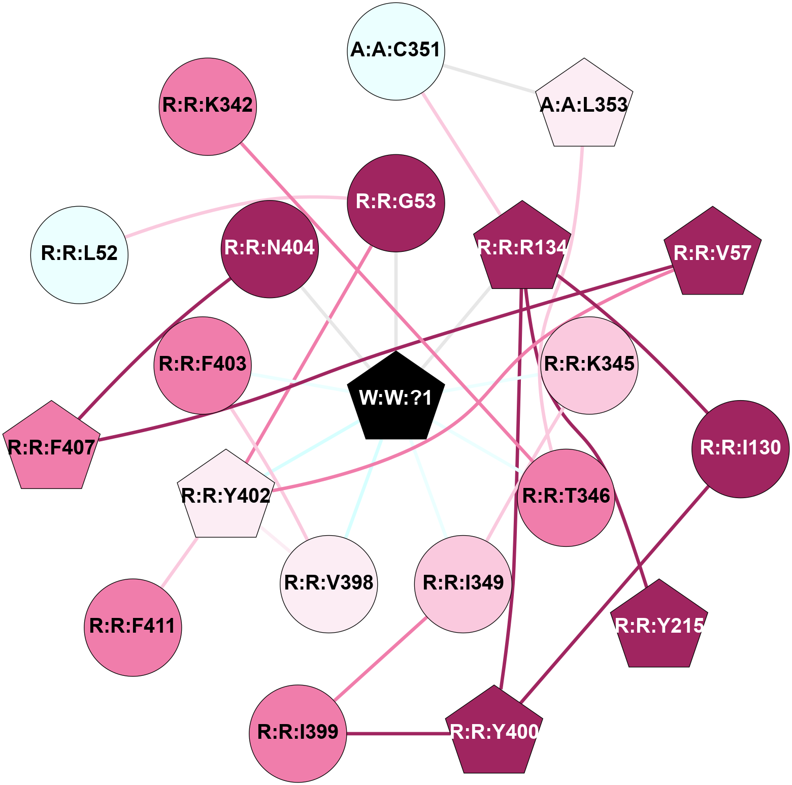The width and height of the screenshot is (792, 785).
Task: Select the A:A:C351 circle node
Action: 396,51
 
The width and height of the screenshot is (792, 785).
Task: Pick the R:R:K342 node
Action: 208,106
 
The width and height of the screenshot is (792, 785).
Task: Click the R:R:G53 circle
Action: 396,203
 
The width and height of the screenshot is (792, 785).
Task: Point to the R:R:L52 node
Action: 80,254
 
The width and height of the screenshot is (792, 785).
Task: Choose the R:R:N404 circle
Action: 270,249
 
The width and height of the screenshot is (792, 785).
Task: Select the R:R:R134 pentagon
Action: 522,248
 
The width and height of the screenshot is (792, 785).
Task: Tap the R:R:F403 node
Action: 203,365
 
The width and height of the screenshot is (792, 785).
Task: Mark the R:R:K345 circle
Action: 589,365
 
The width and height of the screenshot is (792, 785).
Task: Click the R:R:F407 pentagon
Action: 51,448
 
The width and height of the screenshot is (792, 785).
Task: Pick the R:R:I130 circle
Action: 740,448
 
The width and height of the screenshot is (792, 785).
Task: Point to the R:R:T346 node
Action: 566,497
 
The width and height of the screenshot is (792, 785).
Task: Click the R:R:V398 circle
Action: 329,583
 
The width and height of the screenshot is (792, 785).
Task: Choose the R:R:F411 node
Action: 133,627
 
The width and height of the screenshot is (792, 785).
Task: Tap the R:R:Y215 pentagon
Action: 659,626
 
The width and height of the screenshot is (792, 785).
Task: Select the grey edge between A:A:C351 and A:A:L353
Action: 490,79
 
